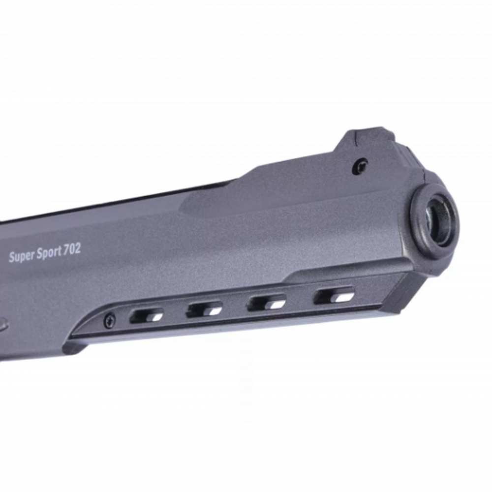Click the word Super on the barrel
pos(22,256)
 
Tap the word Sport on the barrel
pos(49,252)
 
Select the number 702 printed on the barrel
pos(72,249)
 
